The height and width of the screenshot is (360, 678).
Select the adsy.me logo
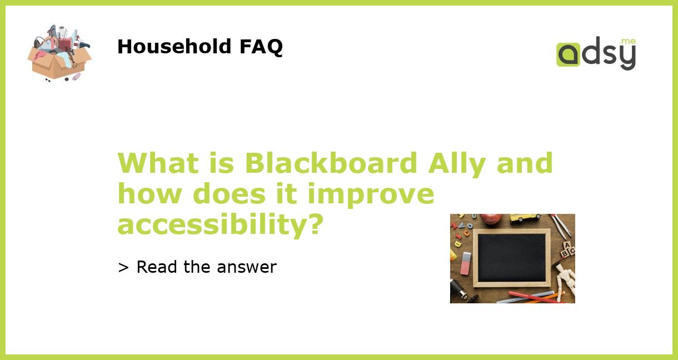coord(596,54)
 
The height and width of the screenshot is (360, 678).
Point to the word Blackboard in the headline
coord(331,163)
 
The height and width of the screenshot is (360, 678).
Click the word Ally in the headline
coord(456,163)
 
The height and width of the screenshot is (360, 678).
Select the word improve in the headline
coord(371,194)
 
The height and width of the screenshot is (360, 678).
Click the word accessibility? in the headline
coord(220,224)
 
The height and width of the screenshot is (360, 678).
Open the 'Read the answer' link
coord(197,267)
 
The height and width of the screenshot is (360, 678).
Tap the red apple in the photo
coord(491,218)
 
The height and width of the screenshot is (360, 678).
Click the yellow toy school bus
coord(525,218)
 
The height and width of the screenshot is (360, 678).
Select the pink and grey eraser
coord(466,263)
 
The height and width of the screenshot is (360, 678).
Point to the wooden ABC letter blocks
coord(567,250)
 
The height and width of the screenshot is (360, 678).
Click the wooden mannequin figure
coord(566,279)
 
